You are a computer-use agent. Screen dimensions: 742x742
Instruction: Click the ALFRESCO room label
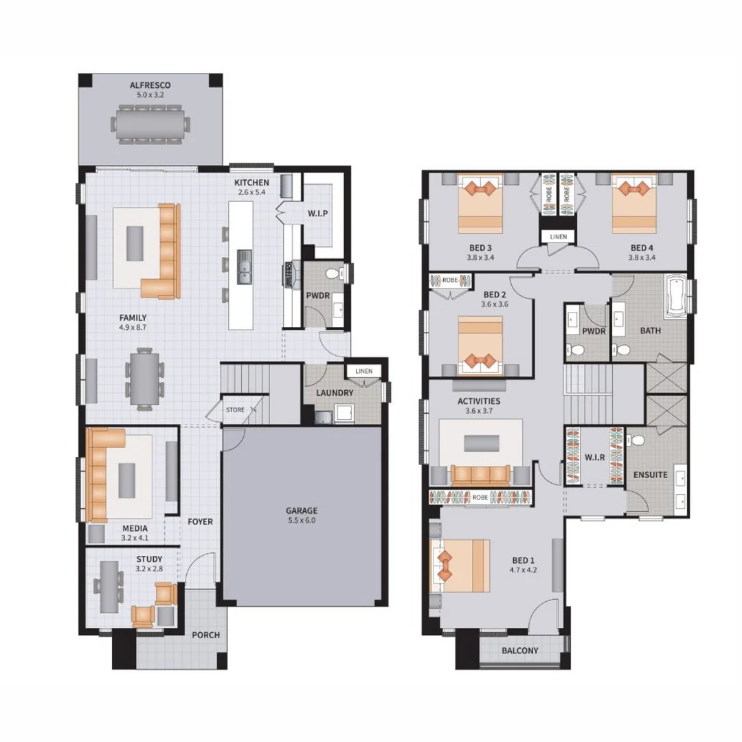[x=150, y=85]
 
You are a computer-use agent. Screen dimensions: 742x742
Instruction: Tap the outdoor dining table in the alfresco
[x=150, y=124]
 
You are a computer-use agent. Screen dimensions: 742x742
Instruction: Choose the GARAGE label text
[x=302, y=510]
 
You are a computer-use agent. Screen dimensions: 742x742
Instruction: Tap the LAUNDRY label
[x=335, y=393]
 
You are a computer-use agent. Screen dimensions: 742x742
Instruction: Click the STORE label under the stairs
[x=236, y=409]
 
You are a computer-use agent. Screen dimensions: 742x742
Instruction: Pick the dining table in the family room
[x=145, y=379]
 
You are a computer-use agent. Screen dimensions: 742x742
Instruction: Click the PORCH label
[x=205, y=635]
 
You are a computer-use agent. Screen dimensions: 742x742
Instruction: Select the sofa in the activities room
[x=480, y=475]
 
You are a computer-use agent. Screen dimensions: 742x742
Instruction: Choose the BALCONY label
[x=520, y=651]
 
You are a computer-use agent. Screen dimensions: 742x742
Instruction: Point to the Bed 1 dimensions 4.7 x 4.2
[x=523, y=570]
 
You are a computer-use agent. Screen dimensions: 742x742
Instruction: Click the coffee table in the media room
[x=129, y=480]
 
